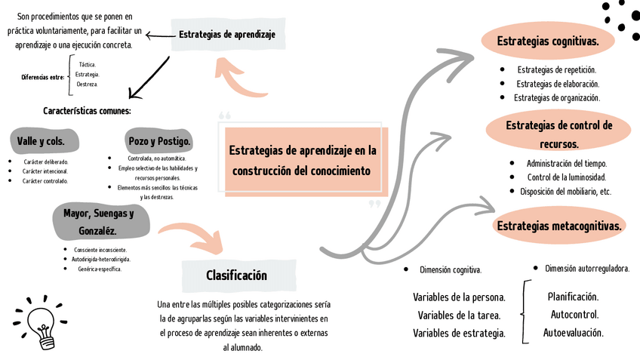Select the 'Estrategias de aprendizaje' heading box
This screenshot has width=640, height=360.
pos(226,34)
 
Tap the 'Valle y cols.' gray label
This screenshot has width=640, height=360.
pos(41,141)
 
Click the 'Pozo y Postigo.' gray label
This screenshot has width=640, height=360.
pos(159,141)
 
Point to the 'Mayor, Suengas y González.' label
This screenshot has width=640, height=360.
pos(99,221)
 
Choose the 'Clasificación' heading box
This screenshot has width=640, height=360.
pos(236,275)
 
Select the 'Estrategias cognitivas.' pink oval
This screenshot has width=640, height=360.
pos(547,42)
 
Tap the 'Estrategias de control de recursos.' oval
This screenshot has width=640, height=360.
pos(558,134)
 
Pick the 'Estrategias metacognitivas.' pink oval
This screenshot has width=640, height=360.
pos(559,226)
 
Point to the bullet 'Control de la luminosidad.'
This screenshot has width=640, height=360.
pos(566,177)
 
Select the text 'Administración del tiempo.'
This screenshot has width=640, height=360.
pos(566,163)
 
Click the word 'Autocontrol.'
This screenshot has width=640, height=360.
pos(574,315)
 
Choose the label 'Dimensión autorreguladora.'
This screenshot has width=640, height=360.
pos(586,268)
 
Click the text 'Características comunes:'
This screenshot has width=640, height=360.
pos(87,111)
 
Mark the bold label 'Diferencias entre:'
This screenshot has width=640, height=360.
pos(42,77)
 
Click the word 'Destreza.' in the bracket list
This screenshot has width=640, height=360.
pos(88,85)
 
